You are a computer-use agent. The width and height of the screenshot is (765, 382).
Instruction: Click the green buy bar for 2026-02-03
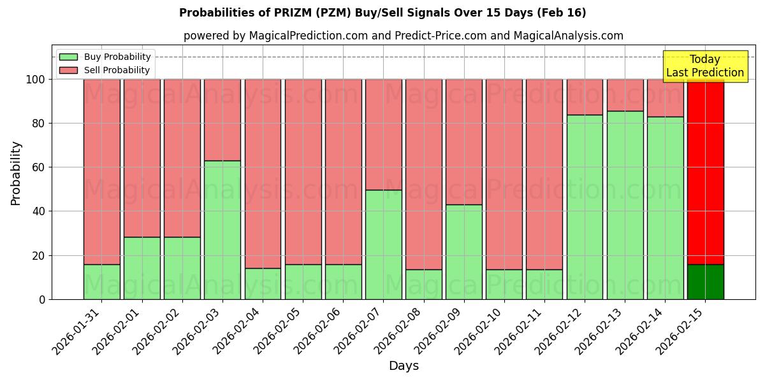click(222, 230)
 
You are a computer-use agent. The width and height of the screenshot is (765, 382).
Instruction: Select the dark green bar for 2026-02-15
click(706, 282)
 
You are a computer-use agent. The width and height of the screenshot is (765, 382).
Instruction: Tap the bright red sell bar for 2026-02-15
click(706, 172)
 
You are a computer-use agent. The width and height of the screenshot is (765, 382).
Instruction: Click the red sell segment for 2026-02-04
click(263, 173)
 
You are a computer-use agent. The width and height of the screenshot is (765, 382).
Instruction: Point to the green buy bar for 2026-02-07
click(384, 244)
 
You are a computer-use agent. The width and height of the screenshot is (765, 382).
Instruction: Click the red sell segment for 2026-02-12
click(585, 97)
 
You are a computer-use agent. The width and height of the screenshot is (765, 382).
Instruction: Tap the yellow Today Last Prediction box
click(705, 66)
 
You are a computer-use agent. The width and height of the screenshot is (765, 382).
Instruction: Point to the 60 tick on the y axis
click(39, 167)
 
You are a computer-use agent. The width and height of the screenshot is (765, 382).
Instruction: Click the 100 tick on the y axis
click(36, 80)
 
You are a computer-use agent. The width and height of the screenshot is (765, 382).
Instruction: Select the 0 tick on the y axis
click(42, 299)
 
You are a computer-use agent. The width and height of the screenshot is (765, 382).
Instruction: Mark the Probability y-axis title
click(16, 173)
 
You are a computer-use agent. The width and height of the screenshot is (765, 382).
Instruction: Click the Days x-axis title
click(404, 366)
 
